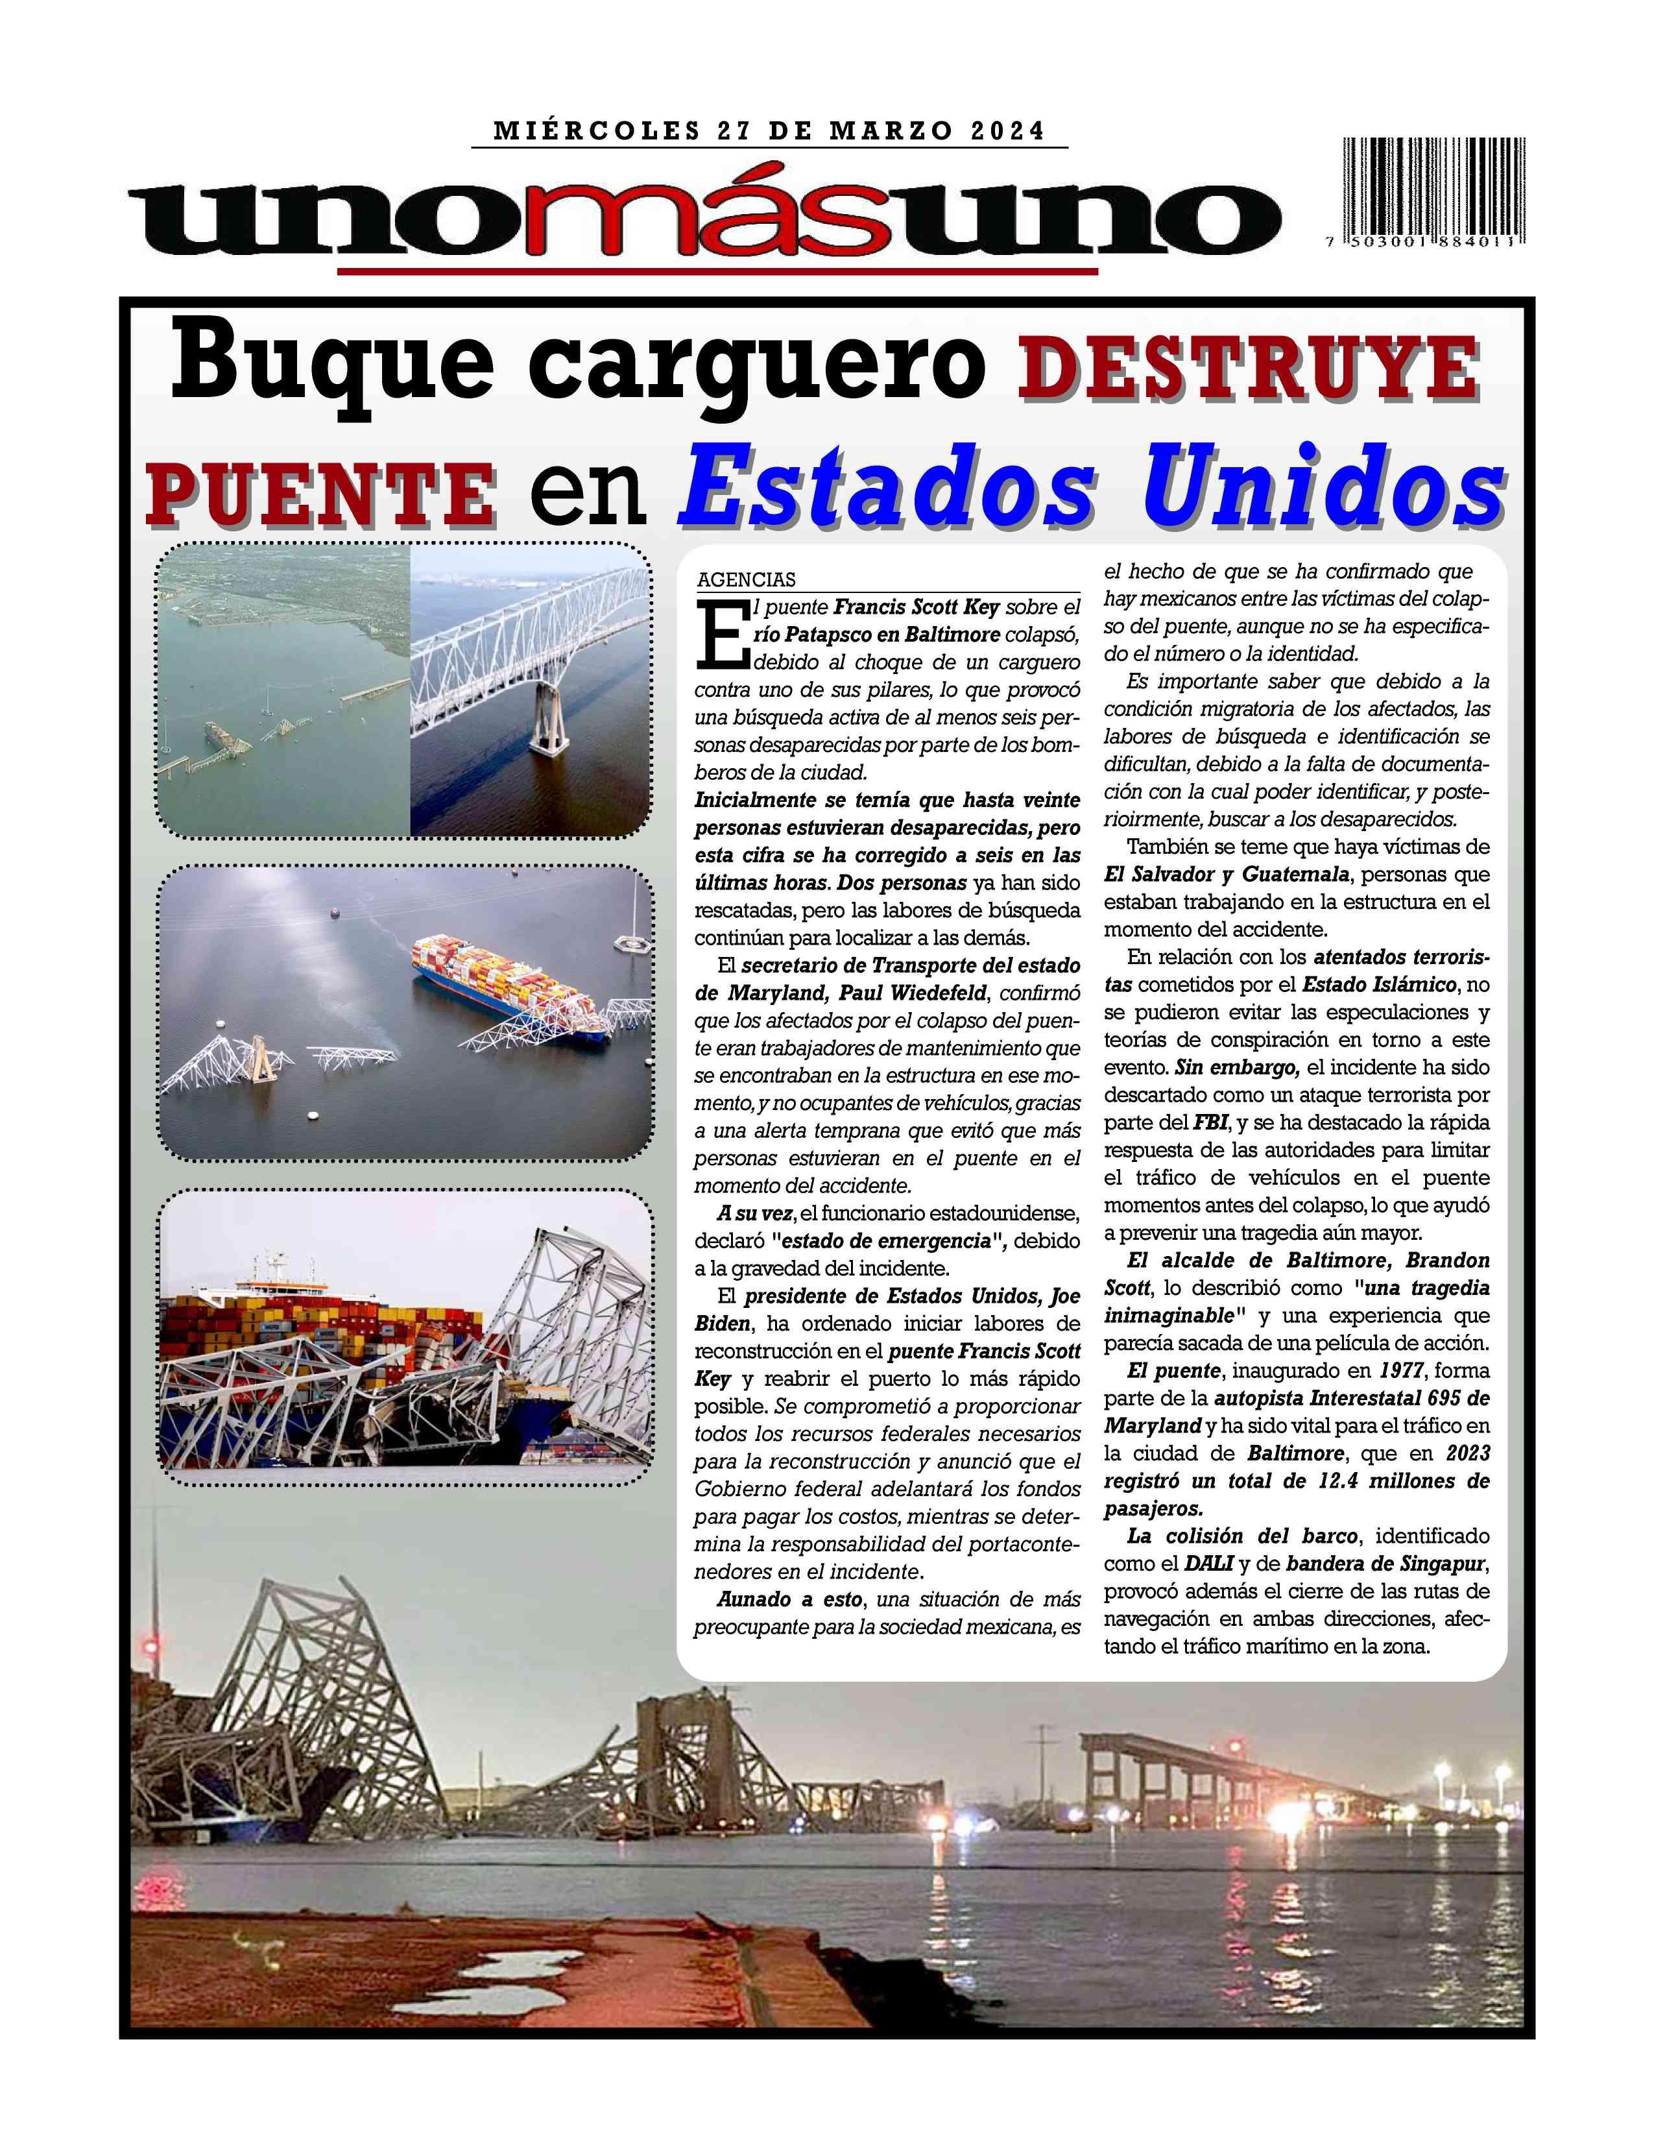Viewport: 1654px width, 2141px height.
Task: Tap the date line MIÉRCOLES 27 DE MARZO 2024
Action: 769,130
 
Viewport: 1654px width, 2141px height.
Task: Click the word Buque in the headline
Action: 333,368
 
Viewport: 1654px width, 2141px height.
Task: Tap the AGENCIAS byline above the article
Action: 746,579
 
